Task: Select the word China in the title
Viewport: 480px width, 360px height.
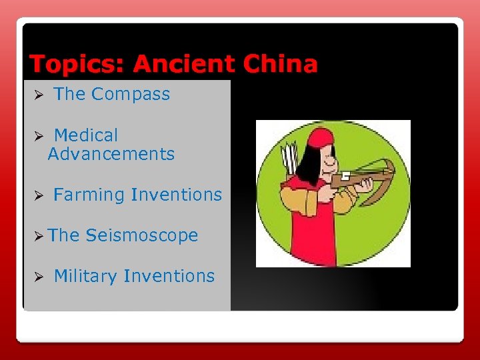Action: click(280, 65)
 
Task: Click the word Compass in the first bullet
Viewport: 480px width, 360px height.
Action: click(131, 95)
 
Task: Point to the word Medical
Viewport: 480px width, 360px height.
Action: click(85, 135)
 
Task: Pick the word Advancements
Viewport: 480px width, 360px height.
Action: click(111, 155)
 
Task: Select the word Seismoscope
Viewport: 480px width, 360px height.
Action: click(142, 236)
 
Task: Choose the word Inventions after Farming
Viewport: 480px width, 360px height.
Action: click(177, 195)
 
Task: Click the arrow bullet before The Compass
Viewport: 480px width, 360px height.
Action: click(39, 95)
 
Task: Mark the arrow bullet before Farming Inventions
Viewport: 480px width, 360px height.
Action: click(39, 196)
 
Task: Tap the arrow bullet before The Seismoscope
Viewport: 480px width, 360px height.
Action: click(39, 236)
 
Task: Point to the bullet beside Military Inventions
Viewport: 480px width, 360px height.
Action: click(39, 277)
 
